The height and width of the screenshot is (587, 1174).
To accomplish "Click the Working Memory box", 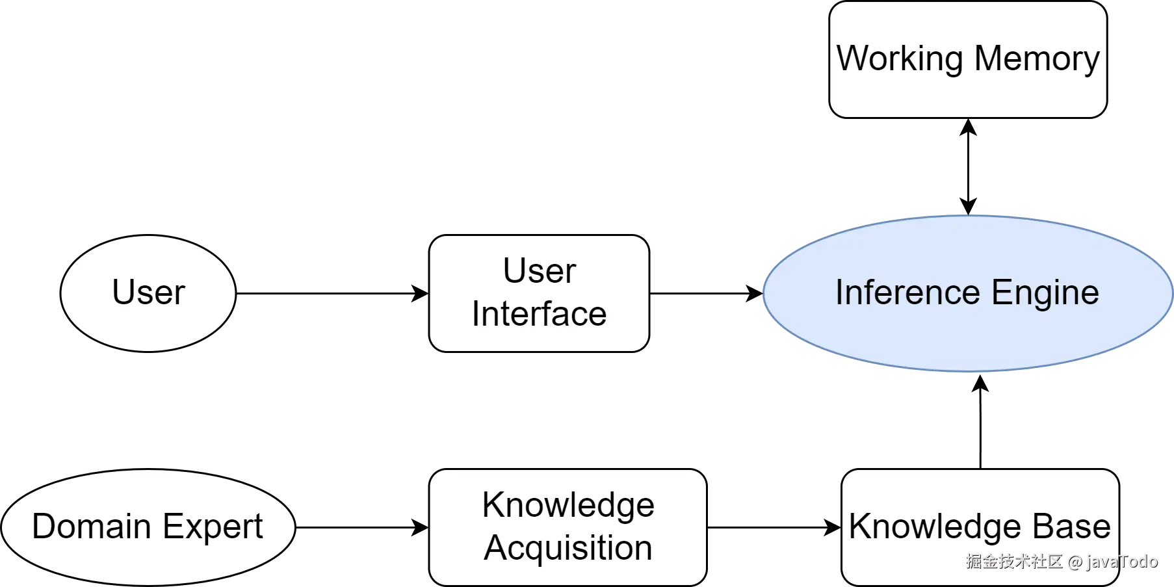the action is coord(968,59).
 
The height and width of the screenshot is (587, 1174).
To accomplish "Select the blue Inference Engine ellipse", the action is coord(968,293).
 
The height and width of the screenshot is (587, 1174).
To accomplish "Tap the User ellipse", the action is coord(148,293).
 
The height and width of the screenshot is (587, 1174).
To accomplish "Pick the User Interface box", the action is coord(539,293).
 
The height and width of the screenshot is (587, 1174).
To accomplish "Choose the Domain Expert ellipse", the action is coord(148,527).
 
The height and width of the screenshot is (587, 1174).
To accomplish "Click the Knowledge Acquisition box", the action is coord(567,527).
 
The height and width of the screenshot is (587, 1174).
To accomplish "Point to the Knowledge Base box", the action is coord(980,527).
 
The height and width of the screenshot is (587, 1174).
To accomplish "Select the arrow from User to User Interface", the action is coord(332,293).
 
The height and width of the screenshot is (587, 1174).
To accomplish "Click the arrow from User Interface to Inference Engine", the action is coord(707,293).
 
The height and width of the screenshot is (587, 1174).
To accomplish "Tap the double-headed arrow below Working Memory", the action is coord(968,166).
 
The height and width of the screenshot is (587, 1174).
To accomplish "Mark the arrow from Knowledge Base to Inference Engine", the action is coord(980,421).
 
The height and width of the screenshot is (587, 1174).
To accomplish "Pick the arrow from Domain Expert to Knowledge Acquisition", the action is coord(362,527).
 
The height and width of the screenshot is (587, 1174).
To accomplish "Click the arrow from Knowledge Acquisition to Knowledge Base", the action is coord(774,527).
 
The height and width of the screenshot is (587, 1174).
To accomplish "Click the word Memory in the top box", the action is coord(1037,59).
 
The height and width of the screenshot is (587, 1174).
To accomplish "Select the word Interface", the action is coord(539,314).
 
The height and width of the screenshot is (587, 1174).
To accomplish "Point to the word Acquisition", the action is coord(568,548).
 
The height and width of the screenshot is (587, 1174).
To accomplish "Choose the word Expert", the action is coord(213,527).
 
